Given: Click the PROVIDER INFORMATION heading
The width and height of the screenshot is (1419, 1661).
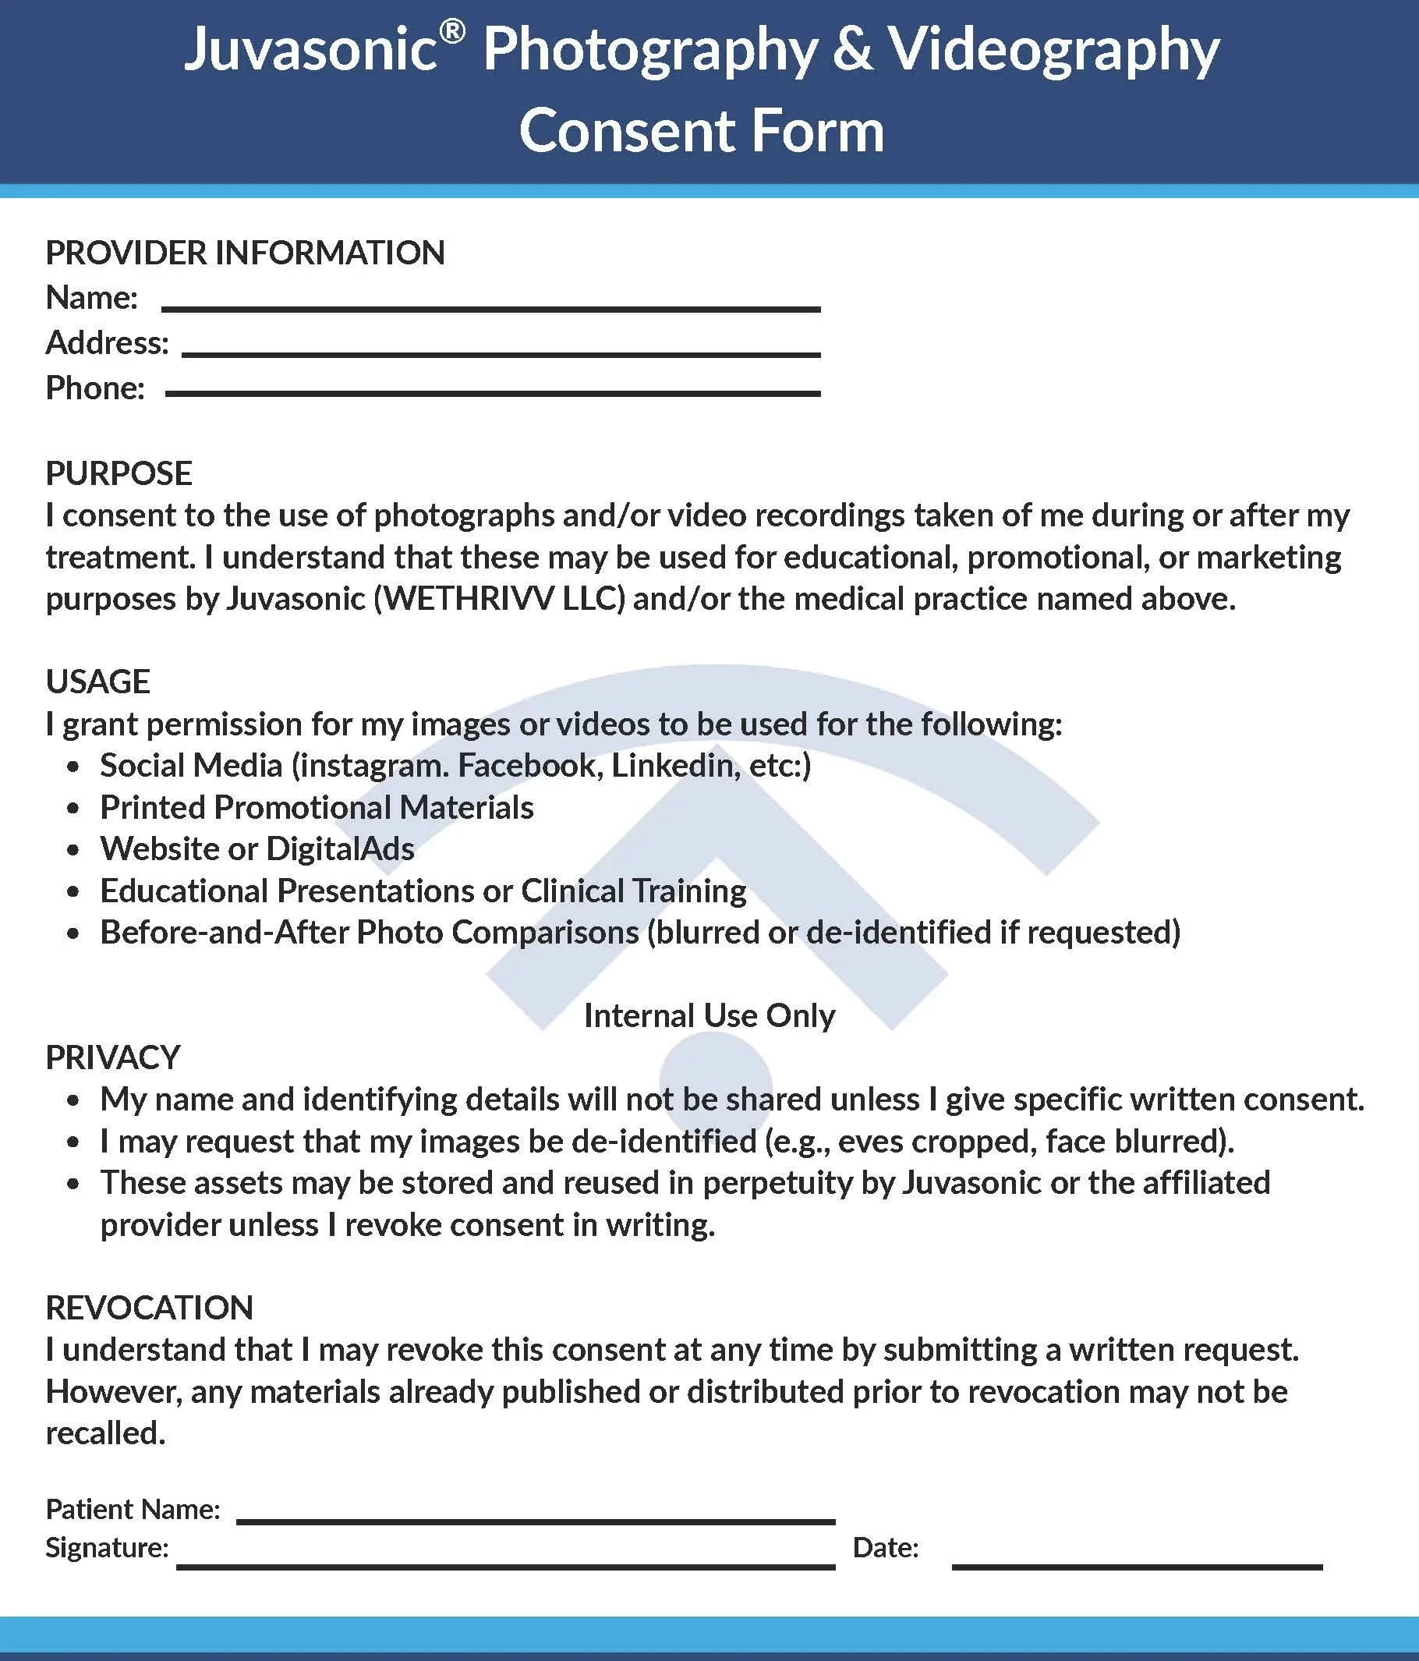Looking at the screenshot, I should [245, 253].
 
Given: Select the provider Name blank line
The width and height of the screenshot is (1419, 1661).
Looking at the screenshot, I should [490, 308].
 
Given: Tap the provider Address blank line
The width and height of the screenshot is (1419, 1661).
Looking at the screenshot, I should [501, 353].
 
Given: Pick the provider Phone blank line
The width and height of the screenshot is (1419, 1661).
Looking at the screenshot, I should [492, 393].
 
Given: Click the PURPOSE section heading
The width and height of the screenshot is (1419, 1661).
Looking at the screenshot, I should [119, 474].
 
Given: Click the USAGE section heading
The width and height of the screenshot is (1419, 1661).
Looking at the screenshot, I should [97, 682].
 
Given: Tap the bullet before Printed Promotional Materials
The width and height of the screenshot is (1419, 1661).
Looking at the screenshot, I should [74, 809].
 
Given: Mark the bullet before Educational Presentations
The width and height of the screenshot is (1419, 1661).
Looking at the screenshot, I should [74, 892].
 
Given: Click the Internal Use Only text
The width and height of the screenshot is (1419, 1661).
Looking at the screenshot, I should [709, 1015].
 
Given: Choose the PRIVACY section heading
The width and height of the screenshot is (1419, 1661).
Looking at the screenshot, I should [113, 1058].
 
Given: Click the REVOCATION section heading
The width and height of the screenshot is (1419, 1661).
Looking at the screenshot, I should [149, 1309].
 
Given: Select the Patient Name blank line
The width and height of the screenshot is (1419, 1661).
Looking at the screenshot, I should [536, 1521].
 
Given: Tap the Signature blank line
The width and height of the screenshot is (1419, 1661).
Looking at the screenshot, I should [505, 1566].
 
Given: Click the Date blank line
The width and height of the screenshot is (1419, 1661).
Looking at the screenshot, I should [1136, 1566].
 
